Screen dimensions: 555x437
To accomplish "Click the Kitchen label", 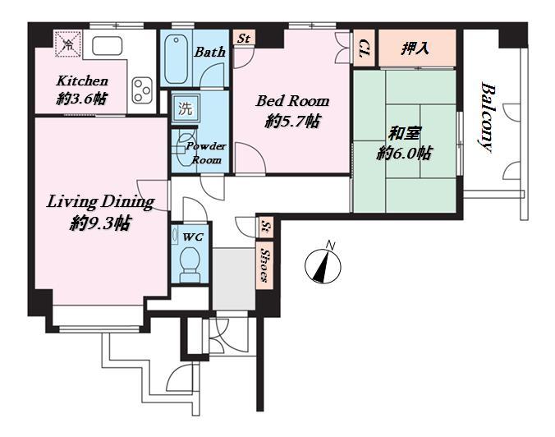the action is [x=82, y=81].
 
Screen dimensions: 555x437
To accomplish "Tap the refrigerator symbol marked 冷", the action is [x=68, y=44].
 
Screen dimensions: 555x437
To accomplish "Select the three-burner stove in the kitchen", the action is [x=142, y=90].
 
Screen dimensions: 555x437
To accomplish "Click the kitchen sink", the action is [x=108, y=46].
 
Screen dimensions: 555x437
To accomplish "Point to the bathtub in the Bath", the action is [x=177, y=59].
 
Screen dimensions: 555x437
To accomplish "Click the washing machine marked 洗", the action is [x=186, y=108].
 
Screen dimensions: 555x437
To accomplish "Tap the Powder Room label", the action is [x=207, y=153].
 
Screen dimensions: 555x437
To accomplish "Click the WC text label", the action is [x=193, y=237].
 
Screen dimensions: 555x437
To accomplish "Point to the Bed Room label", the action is [x=292, y=101].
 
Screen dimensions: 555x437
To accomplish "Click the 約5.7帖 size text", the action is [x=292, y=122].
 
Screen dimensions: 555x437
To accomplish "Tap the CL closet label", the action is [x=365, y=48].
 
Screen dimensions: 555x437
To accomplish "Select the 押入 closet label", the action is [x=415, y=48].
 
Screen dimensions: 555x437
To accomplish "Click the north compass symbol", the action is [x=323, y=264].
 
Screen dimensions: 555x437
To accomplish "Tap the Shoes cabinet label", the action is [x=264, y=264].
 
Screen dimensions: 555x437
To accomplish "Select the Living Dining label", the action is [x=100, y=202].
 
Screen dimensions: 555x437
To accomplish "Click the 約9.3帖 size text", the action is [x=100, y=223].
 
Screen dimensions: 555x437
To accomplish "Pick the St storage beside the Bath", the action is [x=244, y=38].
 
